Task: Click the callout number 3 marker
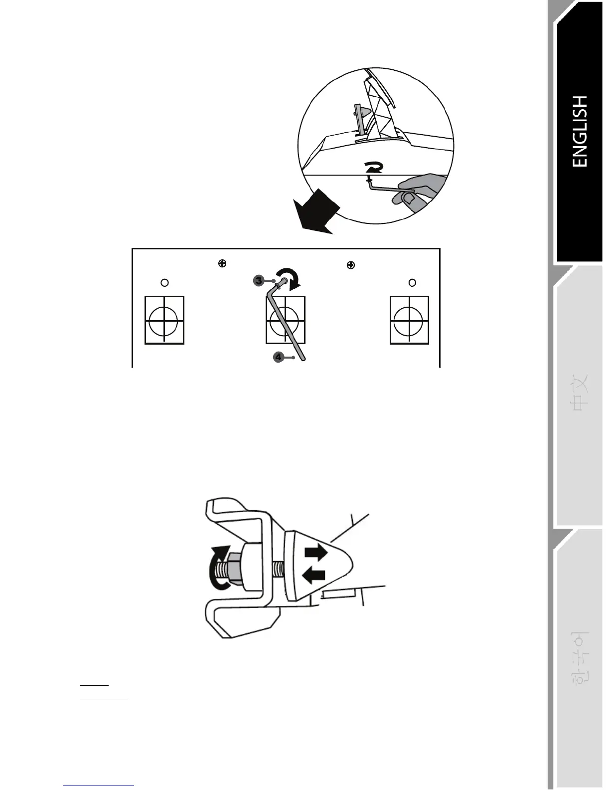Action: point(259,281)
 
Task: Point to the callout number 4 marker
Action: point(279,357)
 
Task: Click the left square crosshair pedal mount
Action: point(164,320)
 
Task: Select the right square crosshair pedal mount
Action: point(409,320)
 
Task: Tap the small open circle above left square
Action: point(164,283)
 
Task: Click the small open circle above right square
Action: point(412,283)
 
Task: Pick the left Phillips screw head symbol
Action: point(222,263)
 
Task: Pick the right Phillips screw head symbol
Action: point(351,265)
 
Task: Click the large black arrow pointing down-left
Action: point(314,212)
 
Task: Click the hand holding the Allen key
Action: point(419,192)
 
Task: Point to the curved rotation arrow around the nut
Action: point(218,569)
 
